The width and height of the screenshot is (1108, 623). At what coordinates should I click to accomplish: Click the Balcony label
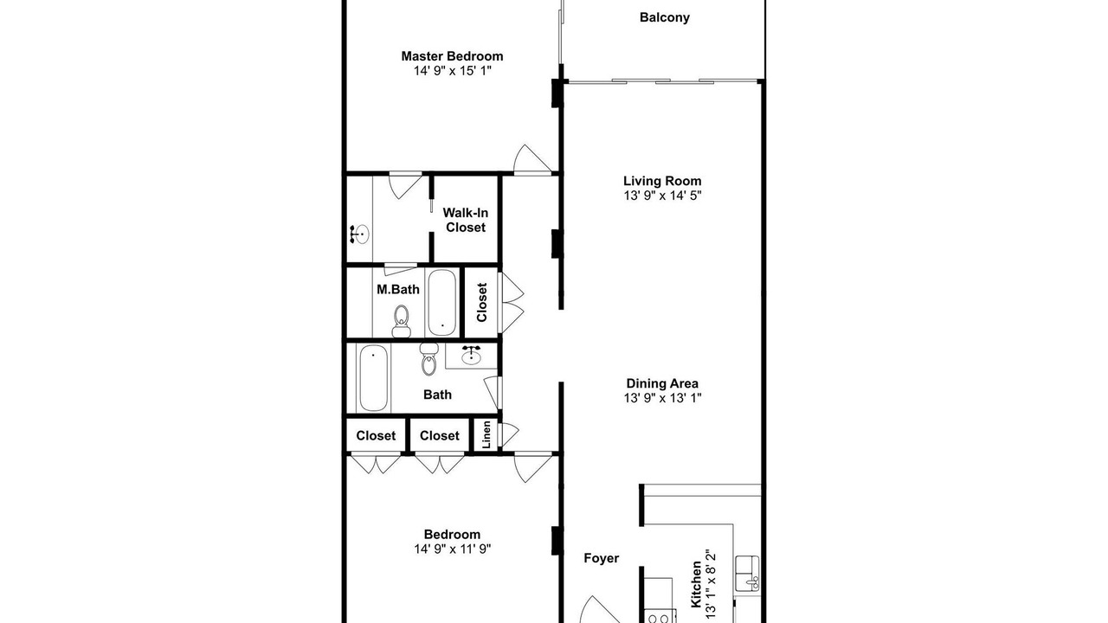(x=664, y=17)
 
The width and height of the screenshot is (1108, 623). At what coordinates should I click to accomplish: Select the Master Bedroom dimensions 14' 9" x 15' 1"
(x=452, y=71)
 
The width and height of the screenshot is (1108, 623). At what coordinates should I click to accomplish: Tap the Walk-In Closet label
(x=465, y=220)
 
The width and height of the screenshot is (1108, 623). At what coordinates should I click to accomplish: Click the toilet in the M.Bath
(x=401, y=321)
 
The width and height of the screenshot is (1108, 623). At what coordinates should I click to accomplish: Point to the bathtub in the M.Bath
(x=441, y=302)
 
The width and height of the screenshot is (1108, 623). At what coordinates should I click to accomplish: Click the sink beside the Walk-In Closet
(x=359, y=234)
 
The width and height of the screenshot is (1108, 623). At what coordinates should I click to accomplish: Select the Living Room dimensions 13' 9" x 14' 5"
(x=662, y=196)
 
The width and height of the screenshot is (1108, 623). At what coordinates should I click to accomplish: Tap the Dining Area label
(x=662, y=383)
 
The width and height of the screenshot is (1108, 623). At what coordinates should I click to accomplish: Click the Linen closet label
(x=486, y=434)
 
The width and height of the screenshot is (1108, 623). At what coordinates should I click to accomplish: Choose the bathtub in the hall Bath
(x=373, y=378)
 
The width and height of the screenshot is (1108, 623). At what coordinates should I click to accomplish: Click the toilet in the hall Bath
(x=428, y=358)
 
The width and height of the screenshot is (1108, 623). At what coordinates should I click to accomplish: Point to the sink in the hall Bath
(x=471, y=355)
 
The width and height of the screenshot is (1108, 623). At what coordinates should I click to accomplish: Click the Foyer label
(x=601, y=558)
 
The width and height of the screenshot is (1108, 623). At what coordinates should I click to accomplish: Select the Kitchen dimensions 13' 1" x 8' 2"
(x=711, y=584)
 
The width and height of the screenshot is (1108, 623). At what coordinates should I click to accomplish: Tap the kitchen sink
(x=747, y=573)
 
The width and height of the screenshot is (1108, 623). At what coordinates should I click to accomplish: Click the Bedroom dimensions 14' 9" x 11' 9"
(x=452, y=549)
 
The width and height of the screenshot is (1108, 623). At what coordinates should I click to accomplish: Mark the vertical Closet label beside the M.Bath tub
(x=482, y=302)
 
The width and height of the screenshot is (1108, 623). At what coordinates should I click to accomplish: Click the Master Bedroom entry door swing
(x=532, y=159)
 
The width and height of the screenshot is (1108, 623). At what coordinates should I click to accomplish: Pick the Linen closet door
(x=510, y=434)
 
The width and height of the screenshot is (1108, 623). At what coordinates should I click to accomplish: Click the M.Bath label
(x=397, y=289)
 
